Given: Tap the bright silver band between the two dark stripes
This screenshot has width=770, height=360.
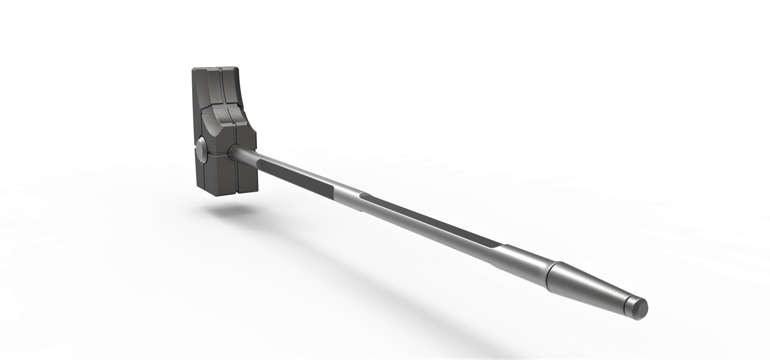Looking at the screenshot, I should tap(347, 194).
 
